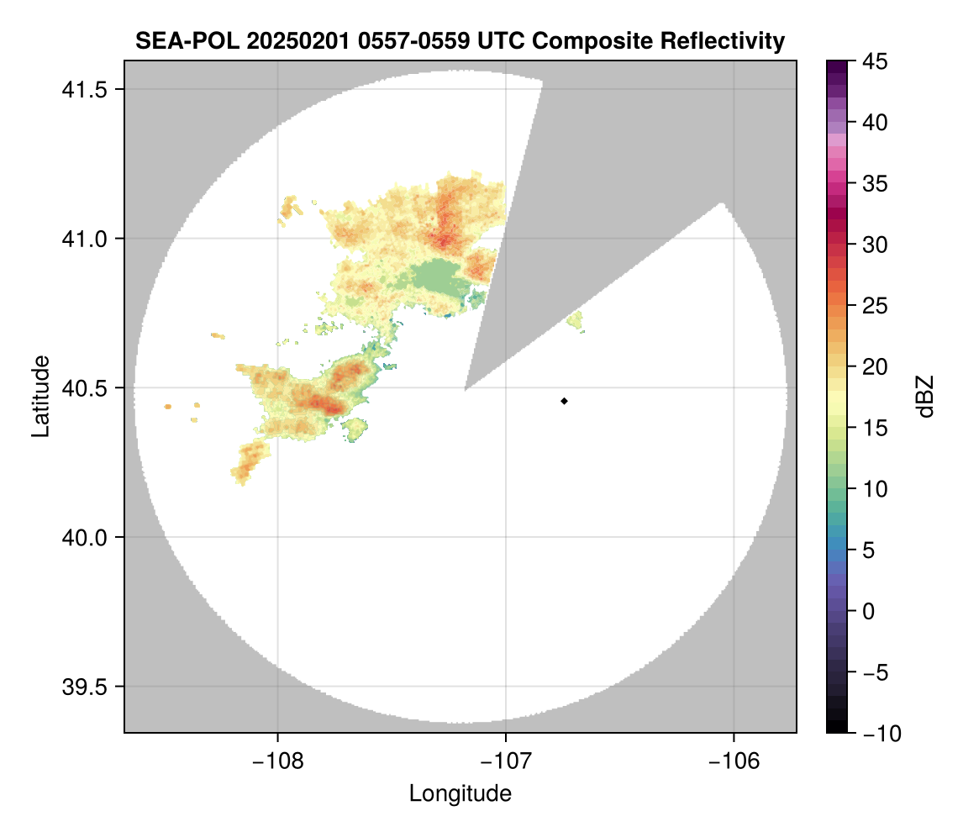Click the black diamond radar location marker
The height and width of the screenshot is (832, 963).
[565, 401]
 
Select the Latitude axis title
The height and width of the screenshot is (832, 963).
[39, 396]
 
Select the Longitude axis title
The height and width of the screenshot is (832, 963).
[460, 793]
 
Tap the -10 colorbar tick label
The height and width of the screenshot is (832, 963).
[878, 734]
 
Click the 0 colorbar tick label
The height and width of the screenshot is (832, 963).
[867, 611]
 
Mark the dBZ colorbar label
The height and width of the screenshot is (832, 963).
[925, 397]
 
